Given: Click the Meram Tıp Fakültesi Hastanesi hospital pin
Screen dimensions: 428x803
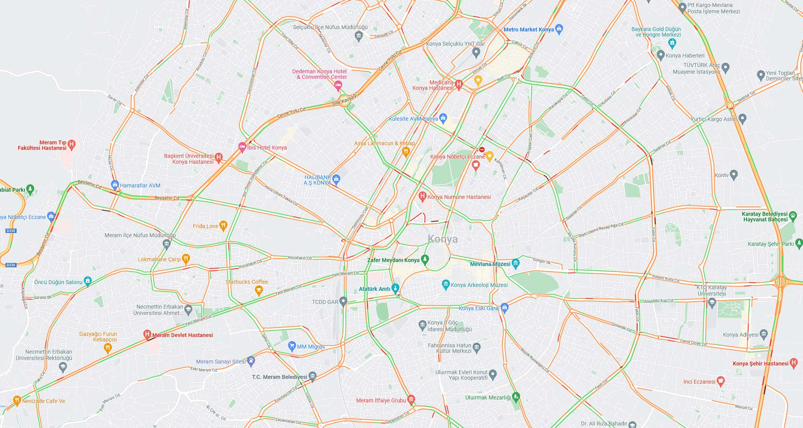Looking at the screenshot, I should point(71,145).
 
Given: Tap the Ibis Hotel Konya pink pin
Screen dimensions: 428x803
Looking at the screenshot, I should point(242,147).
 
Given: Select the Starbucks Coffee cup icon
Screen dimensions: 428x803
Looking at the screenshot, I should point(259,291).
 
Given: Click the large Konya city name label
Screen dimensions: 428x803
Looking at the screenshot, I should point(443,239).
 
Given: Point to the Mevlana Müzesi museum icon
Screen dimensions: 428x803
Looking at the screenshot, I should point(516,263).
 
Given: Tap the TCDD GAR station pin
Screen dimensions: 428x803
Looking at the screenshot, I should point(343,302).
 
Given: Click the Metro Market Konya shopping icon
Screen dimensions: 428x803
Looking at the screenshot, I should point(559,29).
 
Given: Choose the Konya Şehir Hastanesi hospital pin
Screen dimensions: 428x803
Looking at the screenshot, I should point(794,363).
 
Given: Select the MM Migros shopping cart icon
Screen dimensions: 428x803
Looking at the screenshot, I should point(292,346).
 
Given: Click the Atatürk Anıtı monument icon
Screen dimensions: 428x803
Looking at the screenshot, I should point(395,288).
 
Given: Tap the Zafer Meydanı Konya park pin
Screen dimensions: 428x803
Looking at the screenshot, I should point(425,259).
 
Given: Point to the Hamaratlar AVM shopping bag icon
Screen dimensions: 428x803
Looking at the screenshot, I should point(115,185).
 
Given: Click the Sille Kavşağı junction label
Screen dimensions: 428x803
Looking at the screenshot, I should point(344,101).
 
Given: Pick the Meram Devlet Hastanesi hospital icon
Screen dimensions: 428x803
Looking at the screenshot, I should point(148,335).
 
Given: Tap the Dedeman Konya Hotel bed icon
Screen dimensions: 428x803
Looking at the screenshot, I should point(338,85).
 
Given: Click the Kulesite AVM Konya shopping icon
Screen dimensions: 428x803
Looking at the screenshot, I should point(443,118).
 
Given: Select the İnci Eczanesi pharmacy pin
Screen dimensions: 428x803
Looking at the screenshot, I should point(721,381).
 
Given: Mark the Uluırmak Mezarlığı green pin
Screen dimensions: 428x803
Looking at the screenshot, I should point(516,397).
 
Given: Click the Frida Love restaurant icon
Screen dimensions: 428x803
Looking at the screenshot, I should point(223,225).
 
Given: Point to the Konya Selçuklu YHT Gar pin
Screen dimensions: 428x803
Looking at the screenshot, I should point(476,52).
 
